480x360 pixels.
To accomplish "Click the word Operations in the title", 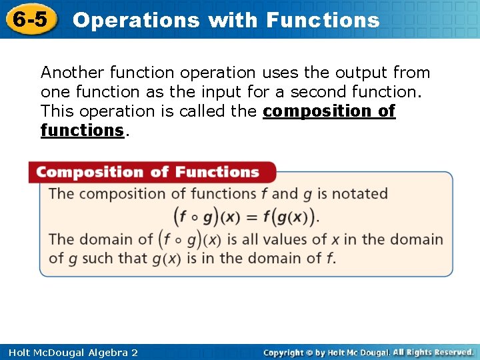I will point(136,20).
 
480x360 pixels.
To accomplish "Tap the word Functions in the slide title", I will point(323,20).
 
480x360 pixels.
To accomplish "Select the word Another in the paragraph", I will point(72,72).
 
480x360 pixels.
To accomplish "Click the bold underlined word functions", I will point(82,130).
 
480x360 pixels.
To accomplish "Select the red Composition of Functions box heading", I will point(147,172).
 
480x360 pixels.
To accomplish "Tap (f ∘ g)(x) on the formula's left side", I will point(204,217).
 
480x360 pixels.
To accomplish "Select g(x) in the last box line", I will point(165,259).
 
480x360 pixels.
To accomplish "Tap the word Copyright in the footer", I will point(285,352).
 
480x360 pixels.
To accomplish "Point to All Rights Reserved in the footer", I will point(433,352).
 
